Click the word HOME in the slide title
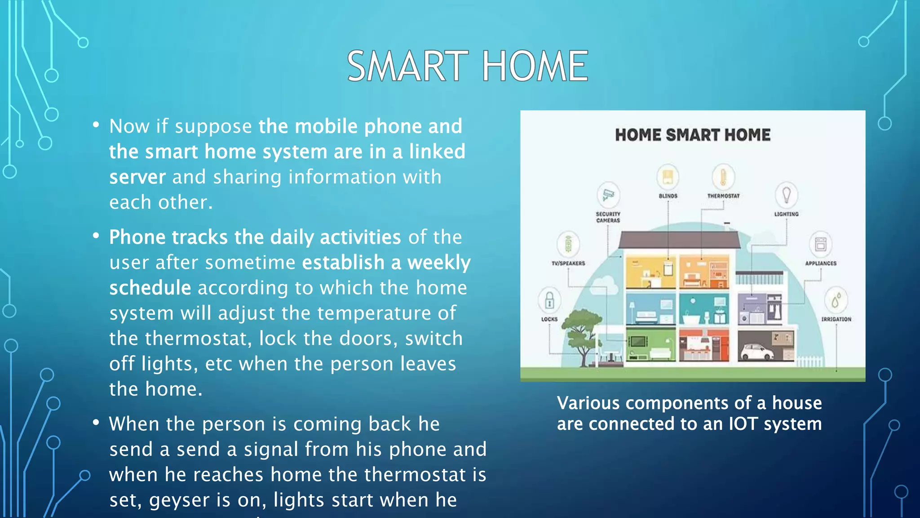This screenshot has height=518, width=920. (535, 66)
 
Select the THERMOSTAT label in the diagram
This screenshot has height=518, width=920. (723, 196)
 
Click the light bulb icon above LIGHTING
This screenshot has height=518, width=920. (786, 195)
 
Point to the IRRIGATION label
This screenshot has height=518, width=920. (836, 319)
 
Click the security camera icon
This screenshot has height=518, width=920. (608, 195)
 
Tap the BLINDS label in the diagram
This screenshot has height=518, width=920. (668, 196)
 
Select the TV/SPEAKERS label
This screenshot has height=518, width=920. (568, 263)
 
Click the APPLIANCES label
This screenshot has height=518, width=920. (821, 263)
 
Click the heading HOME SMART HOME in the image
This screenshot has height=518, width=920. (692, 135)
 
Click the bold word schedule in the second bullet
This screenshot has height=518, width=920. (150, 288)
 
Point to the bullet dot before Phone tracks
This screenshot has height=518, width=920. (96, 236)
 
